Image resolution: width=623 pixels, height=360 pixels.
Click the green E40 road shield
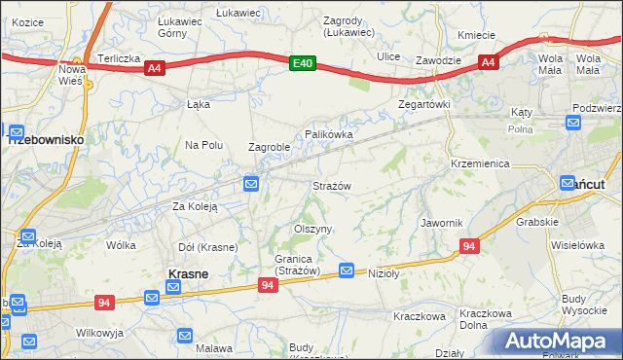click(x=304, y=63)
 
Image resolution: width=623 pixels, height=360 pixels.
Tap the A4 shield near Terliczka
click(x=154, y=68)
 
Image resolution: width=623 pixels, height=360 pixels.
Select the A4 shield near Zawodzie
click(x=489, y=63)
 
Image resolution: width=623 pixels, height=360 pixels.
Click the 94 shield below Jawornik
click(x=469, y=247)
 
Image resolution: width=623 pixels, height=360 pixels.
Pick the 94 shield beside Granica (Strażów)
click(x=269, y=285)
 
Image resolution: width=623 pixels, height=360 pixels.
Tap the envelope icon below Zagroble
click(x=251, y=182)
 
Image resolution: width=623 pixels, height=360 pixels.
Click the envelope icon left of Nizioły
click(x=347, y=270)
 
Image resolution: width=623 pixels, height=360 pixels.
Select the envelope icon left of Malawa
click(x=185, y=336)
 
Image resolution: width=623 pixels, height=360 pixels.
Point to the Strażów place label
click(x=331, y=185)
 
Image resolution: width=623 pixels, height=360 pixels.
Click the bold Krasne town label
click(x=187, y=274)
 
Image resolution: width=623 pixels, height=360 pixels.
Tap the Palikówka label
click(x=328, y=133)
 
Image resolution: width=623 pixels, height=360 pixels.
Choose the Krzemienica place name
click(x=480, y=163)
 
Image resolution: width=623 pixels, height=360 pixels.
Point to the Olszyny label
click(x=313, y=229)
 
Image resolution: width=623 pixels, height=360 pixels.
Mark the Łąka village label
click(x=198, y=105)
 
